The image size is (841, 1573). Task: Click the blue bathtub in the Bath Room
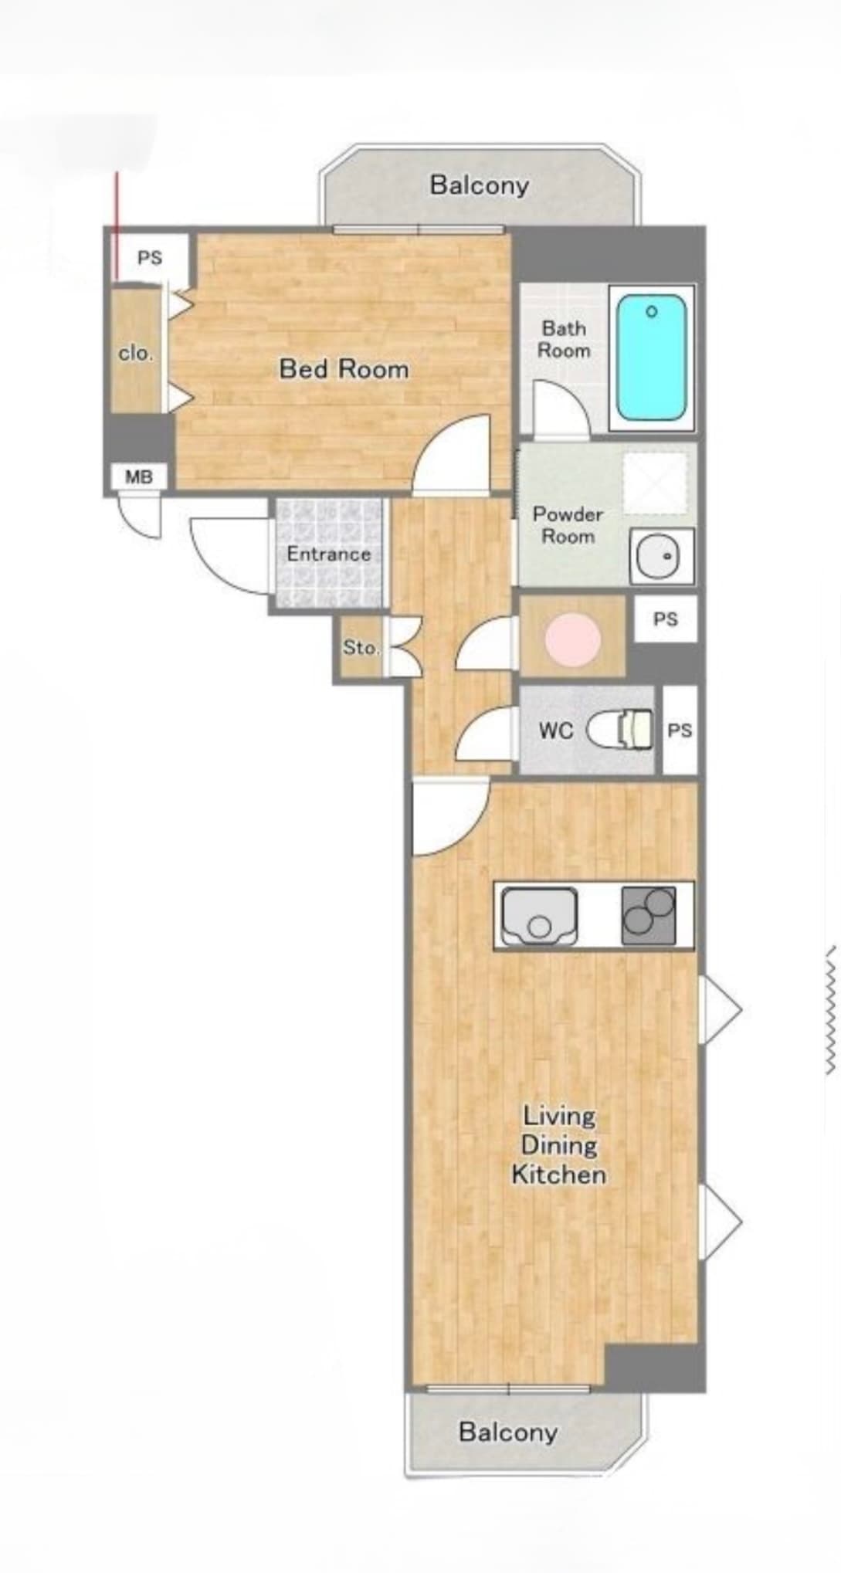651,357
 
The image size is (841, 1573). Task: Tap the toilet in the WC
620,730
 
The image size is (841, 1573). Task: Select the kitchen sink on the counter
540,916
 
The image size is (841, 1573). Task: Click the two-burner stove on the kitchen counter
649,915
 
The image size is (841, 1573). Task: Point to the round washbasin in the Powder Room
662,556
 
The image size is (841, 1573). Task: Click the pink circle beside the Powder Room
573,639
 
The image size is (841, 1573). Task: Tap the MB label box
139,477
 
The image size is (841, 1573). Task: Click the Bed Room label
344,368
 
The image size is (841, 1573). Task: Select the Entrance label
328,554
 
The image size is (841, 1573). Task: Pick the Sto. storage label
361,647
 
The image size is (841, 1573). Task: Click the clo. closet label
135,354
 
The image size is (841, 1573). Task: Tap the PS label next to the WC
680,730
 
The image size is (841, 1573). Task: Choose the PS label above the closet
150,257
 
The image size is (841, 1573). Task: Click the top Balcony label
480,185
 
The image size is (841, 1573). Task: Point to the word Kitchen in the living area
558,1175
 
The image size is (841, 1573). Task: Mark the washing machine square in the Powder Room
655,483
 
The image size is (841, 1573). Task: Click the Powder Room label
568,525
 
